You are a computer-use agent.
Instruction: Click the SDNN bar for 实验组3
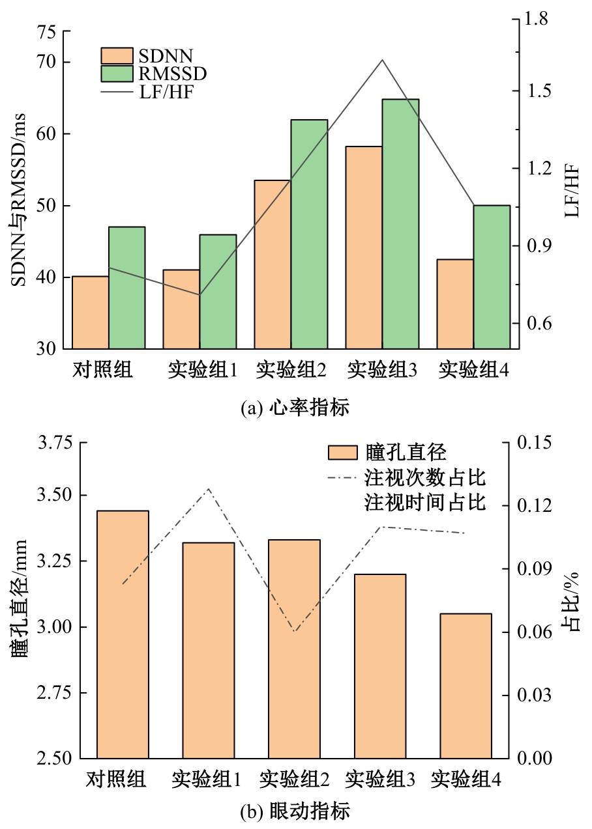tap(363, 247)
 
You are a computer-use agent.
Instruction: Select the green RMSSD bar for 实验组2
tap(309, 234)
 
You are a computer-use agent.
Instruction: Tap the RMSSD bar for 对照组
tap(126, 287)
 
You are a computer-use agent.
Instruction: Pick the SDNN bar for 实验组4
tap(454, 303)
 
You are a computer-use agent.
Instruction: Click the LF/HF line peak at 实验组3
tap(382, 60)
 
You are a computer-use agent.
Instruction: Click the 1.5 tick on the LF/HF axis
tap(537, 91)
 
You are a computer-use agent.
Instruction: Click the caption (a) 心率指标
tap(295, 408)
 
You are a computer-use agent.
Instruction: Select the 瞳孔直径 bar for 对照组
tap(123, 635)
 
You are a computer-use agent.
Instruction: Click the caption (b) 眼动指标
tap(295, 811)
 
